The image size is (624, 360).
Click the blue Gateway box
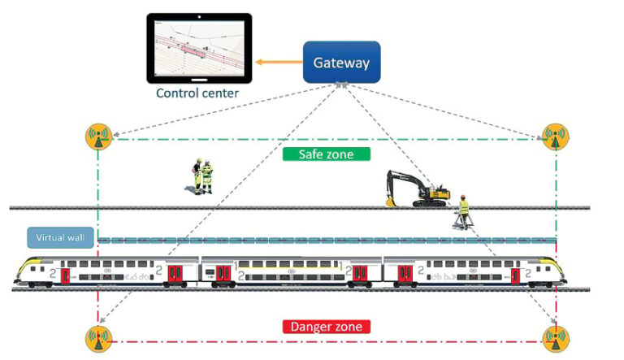tap(341, 63)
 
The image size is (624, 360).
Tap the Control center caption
tap(198, 93)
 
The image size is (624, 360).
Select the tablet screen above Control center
tap(198, 47)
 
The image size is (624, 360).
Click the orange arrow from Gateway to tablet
tap(278, 62)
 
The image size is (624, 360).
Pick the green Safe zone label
tap(327, 154)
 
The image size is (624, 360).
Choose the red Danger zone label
tap(327, 327)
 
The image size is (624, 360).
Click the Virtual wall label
tap(59, 238)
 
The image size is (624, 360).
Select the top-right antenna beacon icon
tap(555, 136)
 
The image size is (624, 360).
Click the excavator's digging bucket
tap(392, 198)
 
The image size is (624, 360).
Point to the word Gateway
tap(341, 63)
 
